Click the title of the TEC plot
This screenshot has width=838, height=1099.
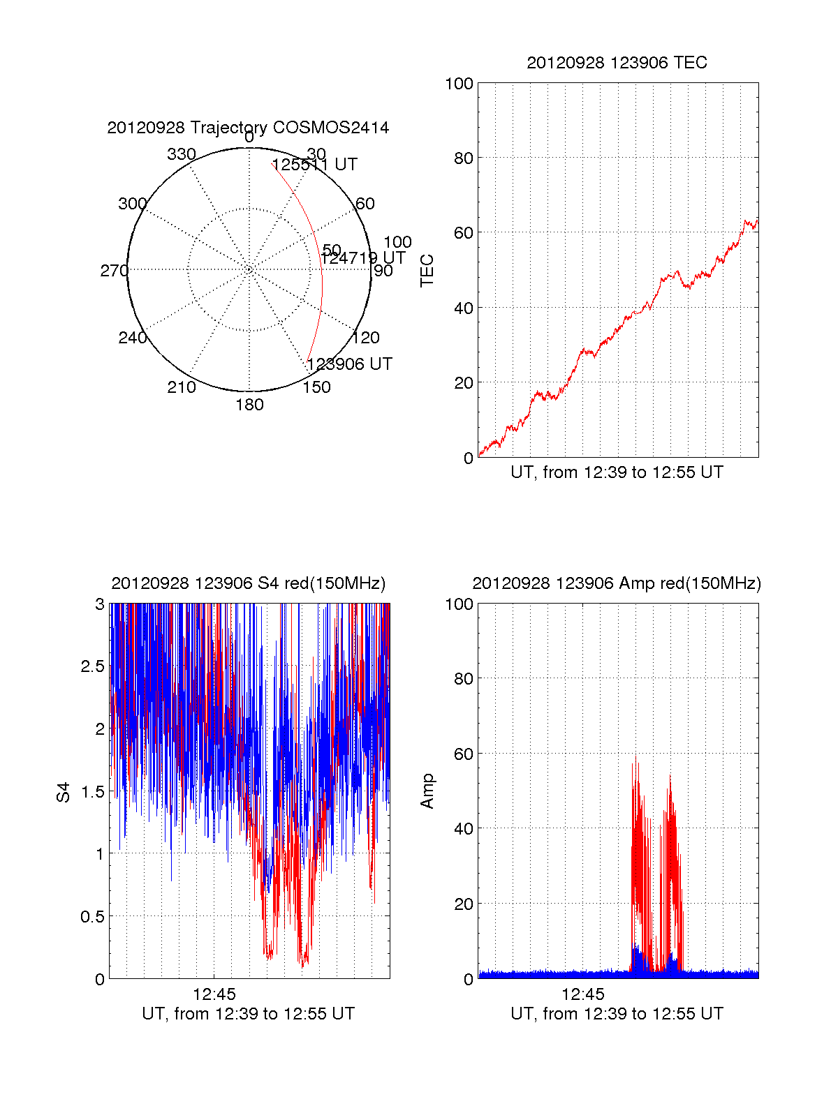(x=617, y=63)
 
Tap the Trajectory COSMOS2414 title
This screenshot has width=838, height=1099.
(x=248, y=128)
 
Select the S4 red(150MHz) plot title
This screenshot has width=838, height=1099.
(x=248, y=583)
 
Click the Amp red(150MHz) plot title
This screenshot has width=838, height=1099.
(x=617, y=583)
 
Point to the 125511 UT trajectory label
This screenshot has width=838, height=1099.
(x=314, y=165)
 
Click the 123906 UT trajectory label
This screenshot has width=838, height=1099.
(x=349, y=364)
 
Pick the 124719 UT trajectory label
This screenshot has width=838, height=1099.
(x=362, y=257)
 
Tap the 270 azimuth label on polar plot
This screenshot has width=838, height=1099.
(x=114, y=271)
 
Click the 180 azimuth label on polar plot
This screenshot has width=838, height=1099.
(x=249, y=405)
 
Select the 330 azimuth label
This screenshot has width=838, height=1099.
(x=182, y=154)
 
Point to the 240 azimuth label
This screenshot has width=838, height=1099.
(x=132, y=338)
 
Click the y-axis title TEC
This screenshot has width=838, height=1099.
(x=427, y=271)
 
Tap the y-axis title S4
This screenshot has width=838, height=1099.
(x=64, y=792)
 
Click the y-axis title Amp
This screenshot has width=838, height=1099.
(x=427, y=791)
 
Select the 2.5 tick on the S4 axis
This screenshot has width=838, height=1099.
(x=92, y=666)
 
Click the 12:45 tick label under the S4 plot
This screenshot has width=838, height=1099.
(x=214, y=994)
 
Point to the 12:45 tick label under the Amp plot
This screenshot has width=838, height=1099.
(x=583, y=994)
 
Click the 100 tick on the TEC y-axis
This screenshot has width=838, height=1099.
(x=459, y=84)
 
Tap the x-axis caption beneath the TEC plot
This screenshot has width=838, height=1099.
(x=617, y=472)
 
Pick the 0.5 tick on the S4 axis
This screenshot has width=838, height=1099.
(x=92, y=916)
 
